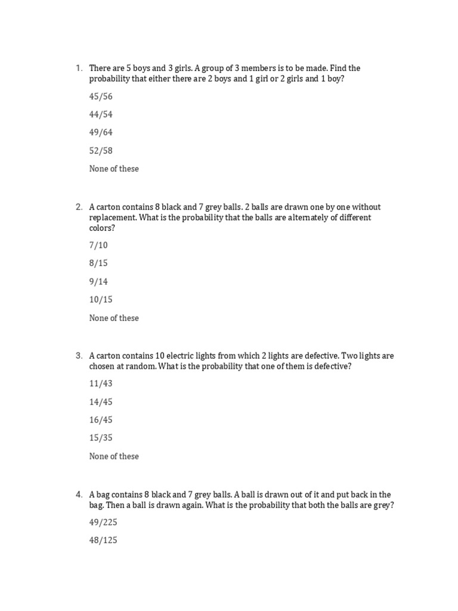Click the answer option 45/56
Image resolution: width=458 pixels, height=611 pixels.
tap(101, 96)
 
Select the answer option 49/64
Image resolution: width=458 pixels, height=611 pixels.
tap(101, 132)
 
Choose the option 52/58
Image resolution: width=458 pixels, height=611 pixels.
tap(101, 150)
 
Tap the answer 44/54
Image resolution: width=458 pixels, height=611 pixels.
tap(101, 114)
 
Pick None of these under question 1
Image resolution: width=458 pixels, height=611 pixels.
tap(114, 169)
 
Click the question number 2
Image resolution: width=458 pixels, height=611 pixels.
tap(79, 207)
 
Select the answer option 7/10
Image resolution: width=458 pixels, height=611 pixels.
tap(98, 245)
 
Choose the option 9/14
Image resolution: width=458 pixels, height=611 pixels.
tap(98, 281)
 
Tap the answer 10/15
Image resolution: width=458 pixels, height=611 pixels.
tap(101, 300)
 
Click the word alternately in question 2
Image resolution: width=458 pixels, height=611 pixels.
tap(292, 218)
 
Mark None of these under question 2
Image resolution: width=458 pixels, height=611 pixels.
tap(114, 318)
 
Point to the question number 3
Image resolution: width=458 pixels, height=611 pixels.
tap(79, 356)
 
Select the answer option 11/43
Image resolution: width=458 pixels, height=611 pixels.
tap(101, 383)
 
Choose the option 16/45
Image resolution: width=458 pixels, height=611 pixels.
tap(101, 419)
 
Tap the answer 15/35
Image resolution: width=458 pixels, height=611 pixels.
tap(101, 438)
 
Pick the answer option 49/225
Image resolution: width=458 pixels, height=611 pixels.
tap(103, 523)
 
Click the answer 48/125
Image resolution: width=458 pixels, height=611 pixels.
tap(103, 541)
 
